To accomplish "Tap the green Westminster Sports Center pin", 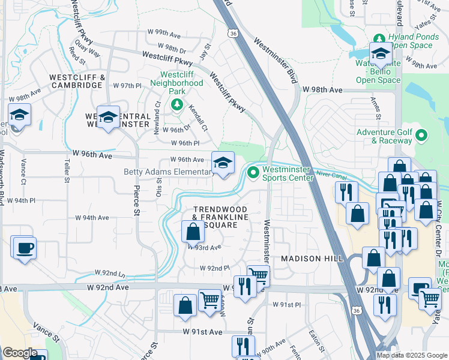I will pos(253,173).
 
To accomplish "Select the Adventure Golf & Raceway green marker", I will pos(421,136).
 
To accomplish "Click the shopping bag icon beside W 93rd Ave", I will pos(193,232).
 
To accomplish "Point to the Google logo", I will pos(20,353).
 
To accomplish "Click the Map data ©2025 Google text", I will pos(412,355).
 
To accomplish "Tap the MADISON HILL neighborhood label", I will pos(313,258).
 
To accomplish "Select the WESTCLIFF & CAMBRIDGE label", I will pos(76,81).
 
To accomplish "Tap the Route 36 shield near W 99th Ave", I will pos(232,34).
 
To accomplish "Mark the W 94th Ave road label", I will pos(92,218).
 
